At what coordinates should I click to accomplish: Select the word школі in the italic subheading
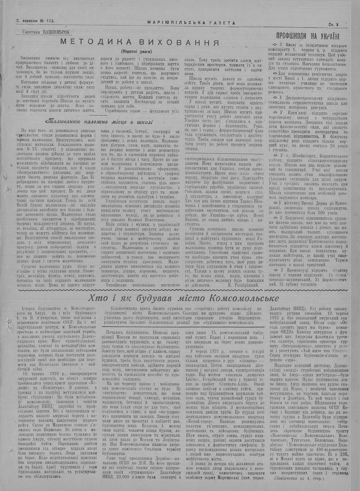click(143, 122)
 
